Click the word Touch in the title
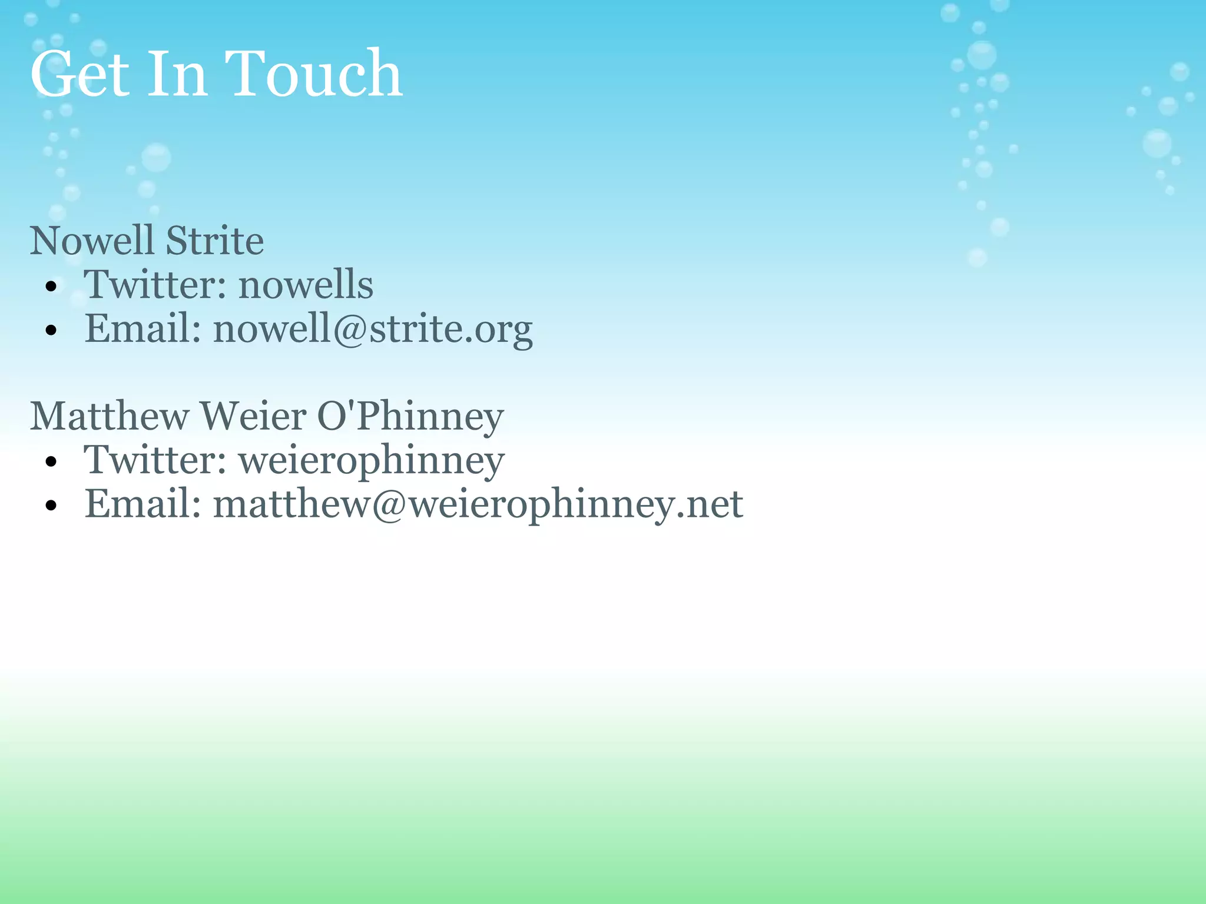point(313,74)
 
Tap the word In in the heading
point(177,74)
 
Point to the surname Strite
point(214,241)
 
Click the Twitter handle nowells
point(306,285)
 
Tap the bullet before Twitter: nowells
point(51,287)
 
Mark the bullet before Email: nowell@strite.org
point(51,331)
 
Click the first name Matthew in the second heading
point(110,416)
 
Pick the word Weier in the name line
point(253,416)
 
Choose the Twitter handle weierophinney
point(372,461)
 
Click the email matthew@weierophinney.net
point(478,504)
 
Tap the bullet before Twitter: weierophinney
point(51,462)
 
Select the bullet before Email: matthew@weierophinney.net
point(51,506)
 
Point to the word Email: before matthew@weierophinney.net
point(143,504)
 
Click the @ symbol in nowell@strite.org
point(350,330)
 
